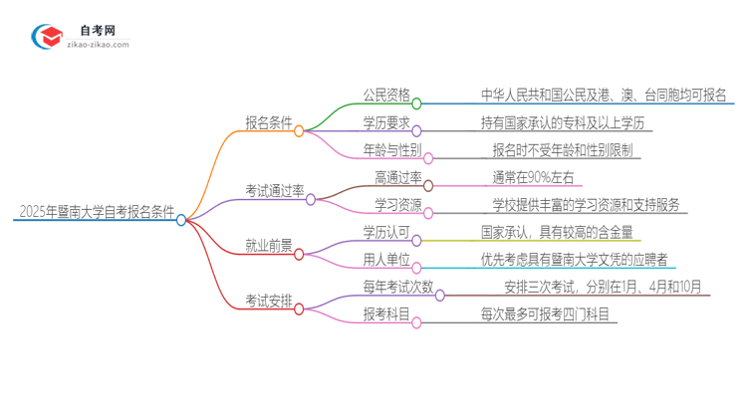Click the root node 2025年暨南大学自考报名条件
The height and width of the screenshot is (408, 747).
coord(96,212)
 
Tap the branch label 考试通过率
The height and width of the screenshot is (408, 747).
coord(274,190)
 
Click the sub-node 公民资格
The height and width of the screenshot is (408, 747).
coord(384,96)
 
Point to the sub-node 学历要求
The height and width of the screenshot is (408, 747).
coord(384,123)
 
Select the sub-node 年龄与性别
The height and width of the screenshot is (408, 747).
coord(391,151)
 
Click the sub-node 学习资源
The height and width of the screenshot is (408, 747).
coord(391,206)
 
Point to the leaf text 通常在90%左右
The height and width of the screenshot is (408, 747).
coord(533,178)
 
